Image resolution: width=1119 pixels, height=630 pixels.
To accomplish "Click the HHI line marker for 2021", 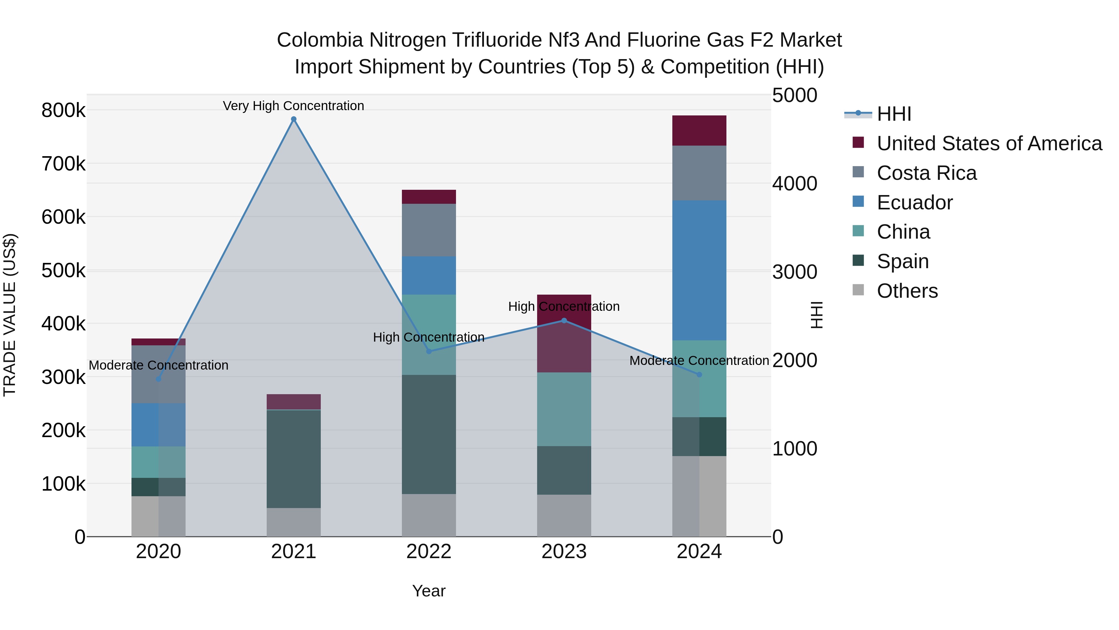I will (x=294, y=119).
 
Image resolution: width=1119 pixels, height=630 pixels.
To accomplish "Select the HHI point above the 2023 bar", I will (x=564, y=321).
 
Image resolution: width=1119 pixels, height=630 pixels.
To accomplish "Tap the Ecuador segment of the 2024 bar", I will (x=699, y=269).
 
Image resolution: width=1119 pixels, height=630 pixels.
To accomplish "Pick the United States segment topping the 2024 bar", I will (x=699, y=130).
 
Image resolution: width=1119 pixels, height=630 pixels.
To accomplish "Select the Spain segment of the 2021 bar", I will (x=294, y=459).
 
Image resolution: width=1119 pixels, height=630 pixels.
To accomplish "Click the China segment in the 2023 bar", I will (x=564, y=409).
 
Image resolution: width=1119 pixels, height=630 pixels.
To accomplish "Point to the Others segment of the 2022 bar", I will (x=429, y=515).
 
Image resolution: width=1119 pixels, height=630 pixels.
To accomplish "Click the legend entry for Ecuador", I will (x=914, y=203).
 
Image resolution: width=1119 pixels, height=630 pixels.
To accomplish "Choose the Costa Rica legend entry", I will (x=926, y=173).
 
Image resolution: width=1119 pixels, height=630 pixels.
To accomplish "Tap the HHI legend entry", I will (x=894, y=114).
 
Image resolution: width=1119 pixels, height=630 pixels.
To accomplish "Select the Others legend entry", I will (x=907, y=291).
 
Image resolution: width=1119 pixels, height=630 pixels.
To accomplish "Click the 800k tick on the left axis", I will (x=63, y=110).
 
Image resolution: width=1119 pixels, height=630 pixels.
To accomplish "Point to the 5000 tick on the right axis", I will (x=794, y=96).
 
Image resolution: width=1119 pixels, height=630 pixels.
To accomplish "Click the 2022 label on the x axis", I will (x=429, y=552).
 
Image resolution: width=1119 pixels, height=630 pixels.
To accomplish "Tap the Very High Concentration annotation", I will (x=294, y=106).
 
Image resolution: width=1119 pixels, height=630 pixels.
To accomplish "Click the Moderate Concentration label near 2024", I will (x=699, y=361).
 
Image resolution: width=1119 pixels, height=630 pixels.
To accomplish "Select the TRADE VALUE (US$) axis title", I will (x=10, y=315).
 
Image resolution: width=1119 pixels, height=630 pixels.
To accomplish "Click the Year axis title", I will (x=429, y=591).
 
